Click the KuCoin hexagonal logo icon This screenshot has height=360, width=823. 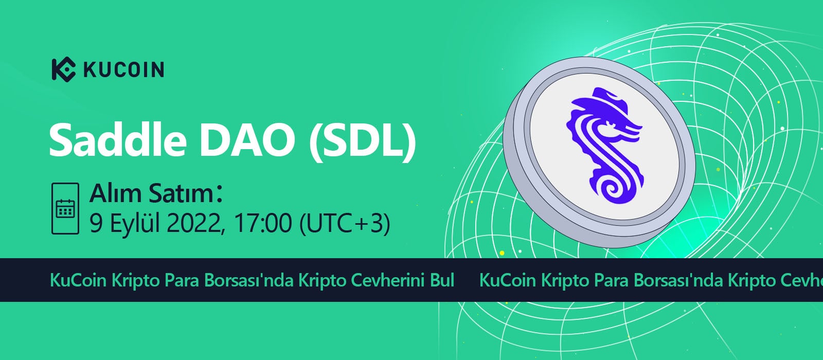[x=64, y=69]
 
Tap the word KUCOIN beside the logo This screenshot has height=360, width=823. [x=124, y=70]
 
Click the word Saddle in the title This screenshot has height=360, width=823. [x=118, y=140]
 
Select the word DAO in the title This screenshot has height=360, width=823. [x=247, y=140]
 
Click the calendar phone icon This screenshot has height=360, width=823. [x=65, y=208]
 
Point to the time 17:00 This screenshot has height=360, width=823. [x=262, y=223]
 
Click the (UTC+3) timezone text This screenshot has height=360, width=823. [x=345, y=223]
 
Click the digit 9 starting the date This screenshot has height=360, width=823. [x=96, y=223]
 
